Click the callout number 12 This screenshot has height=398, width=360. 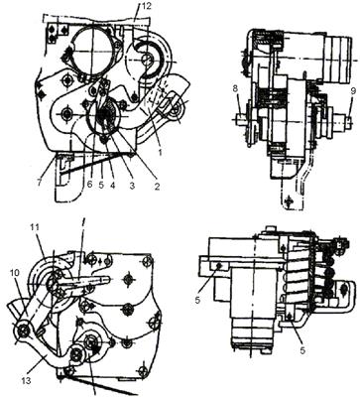145,6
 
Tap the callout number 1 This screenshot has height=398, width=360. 160,153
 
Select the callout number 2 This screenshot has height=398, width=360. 156,187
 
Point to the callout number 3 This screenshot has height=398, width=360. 132,186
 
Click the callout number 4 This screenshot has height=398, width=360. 112,185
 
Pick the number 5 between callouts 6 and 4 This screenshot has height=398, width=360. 102,185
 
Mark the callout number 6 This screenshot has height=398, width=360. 89,185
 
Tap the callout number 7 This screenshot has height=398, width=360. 40,183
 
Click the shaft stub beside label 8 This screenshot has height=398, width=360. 243,119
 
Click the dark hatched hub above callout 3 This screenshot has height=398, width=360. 106,116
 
